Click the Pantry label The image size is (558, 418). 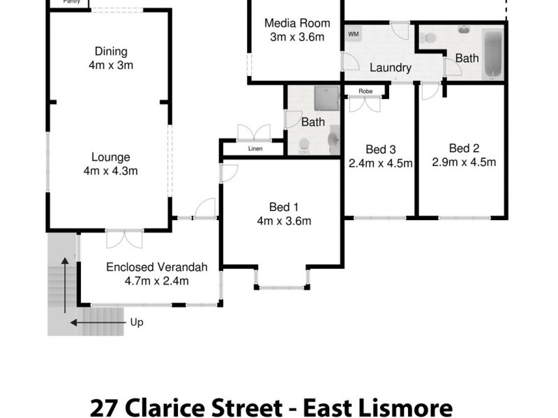point(70,2)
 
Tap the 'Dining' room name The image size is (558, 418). point(111,51)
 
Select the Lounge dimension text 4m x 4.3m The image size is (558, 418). point(110,171)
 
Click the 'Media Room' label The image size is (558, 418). point(296,23)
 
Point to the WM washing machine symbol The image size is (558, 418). point(353,33)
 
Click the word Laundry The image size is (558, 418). point(390,68)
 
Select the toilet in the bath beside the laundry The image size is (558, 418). point(429,38)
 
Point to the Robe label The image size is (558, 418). point(365,91)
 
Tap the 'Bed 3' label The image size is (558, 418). point(381,149)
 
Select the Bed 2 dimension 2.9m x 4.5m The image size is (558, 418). point(464,162)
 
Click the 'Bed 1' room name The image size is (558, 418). point(283,207)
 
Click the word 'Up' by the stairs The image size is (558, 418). point(137,323)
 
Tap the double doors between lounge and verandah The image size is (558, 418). point(124,239)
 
